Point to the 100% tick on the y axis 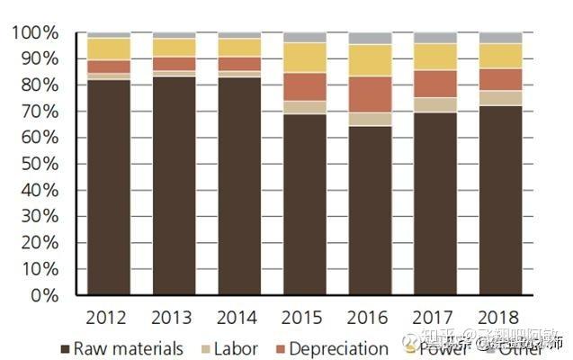[35, 33]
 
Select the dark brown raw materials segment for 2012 [109, 187]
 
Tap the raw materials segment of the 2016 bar [370, 211]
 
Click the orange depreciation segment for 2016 [370, 94]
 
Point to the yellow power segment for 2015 [304, 58]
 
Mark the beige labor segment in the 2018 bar [500, 98]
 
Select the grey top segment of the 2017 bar [435, 38]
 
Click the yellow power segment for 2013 [174, 48]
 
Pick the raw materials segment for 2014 [239, 185]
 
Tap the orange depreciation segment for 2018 [500, 79]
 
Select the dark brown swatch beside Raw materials [64, 348]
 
